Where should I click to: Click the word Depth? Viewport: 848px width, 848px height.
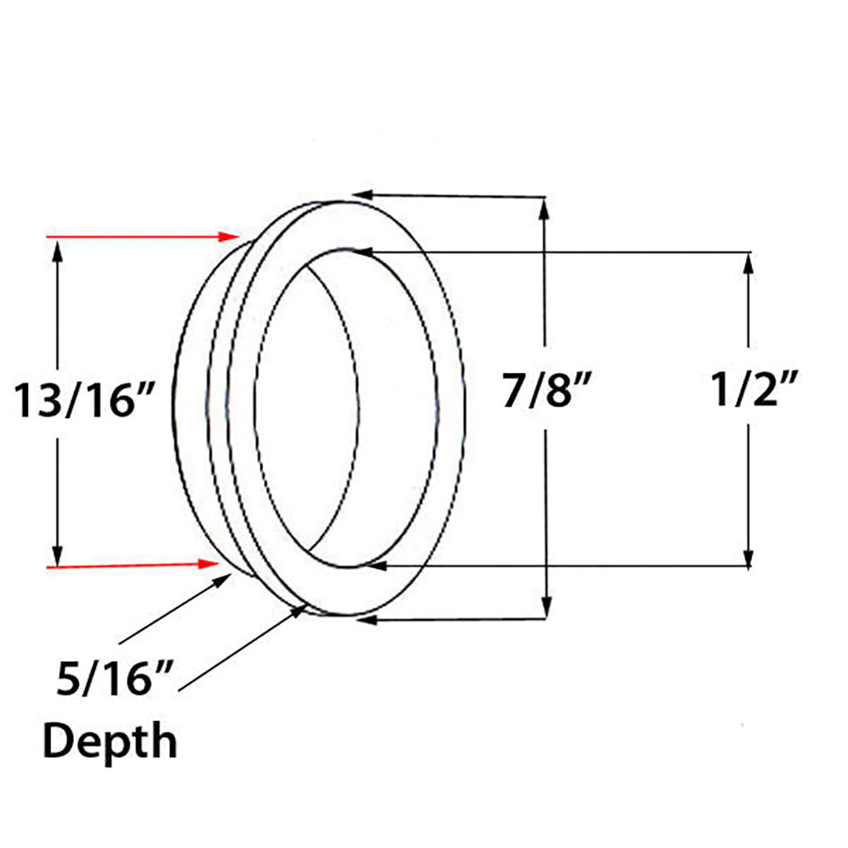[x=110, y=741]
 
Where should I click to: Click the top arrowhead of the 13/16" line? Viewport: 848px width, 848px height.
[x=57, y=248]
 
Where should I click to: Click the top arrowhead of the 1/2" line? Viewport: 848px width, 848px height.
[x=749, y=260]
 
